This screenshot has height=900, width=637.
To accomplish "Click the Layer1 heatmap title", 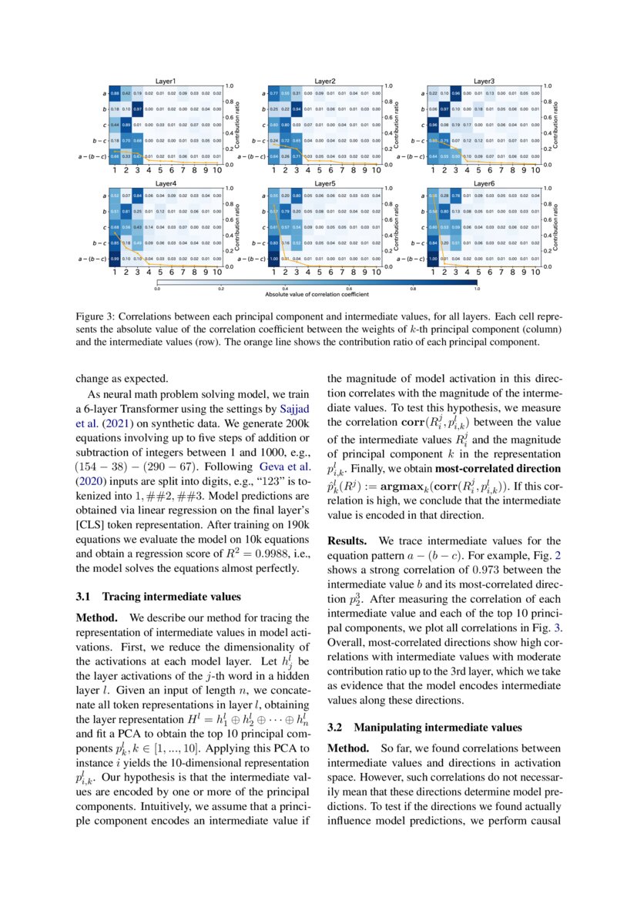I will point(166,80).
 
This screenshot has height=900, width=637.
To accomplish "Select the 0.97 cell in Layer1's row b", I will point(138,109).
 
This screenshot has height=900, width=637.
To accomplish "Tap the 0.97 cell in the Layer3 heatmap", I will point(444,109).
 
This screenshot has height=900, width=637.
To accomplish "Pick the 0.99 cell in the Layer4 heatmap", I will point(115,259).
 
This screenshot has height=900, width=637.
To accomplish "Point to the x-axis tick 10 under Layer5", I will point(376,271).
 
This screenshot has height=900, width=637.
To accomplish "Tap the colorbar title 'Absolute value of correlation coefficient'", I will point(317,295).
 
